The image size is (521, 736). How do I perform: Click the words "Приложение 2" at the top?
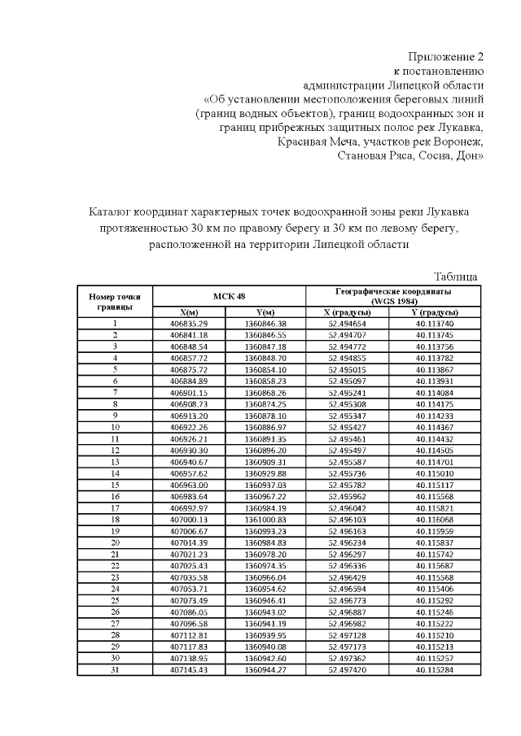[446, 56]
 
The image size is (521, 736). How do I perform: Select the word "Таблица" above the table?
[456, 277]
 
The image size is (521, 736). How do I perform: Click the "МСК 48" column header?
[230, 297]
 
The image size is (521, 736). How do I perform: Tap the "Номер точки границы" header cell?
[115, 302]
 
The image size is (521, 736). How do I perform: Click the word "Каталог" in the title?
[112, 212]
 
